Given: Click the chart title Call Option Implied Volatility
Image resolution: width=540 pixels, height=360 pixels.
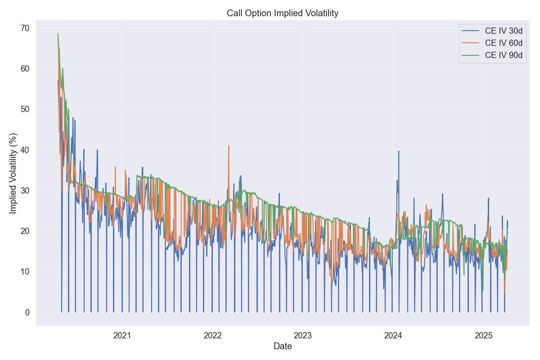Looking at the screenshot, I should pyautogui.click(x=282, y=13).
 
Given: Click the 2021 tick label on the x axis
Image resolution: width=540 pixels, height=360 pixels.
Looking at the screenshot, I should pyautogui.click(x=122, y=335).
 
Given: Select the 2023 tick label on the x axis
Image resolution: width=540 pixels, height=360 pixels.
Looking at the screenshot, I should pyautogui.click(x=303, y=335).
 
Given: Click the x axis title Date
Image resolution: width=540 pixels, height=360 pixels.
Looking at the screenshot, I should pyautogui.click(x=283, y=346).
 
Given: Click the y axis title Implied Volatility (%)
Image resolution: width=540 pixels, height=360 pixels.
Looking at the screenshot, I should pyautogui.click(x=13, y=173).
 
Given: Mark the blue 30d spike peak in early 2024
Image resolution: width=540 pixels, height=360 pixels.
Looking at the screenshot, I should pyautogui.click(x=399, y=151).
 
